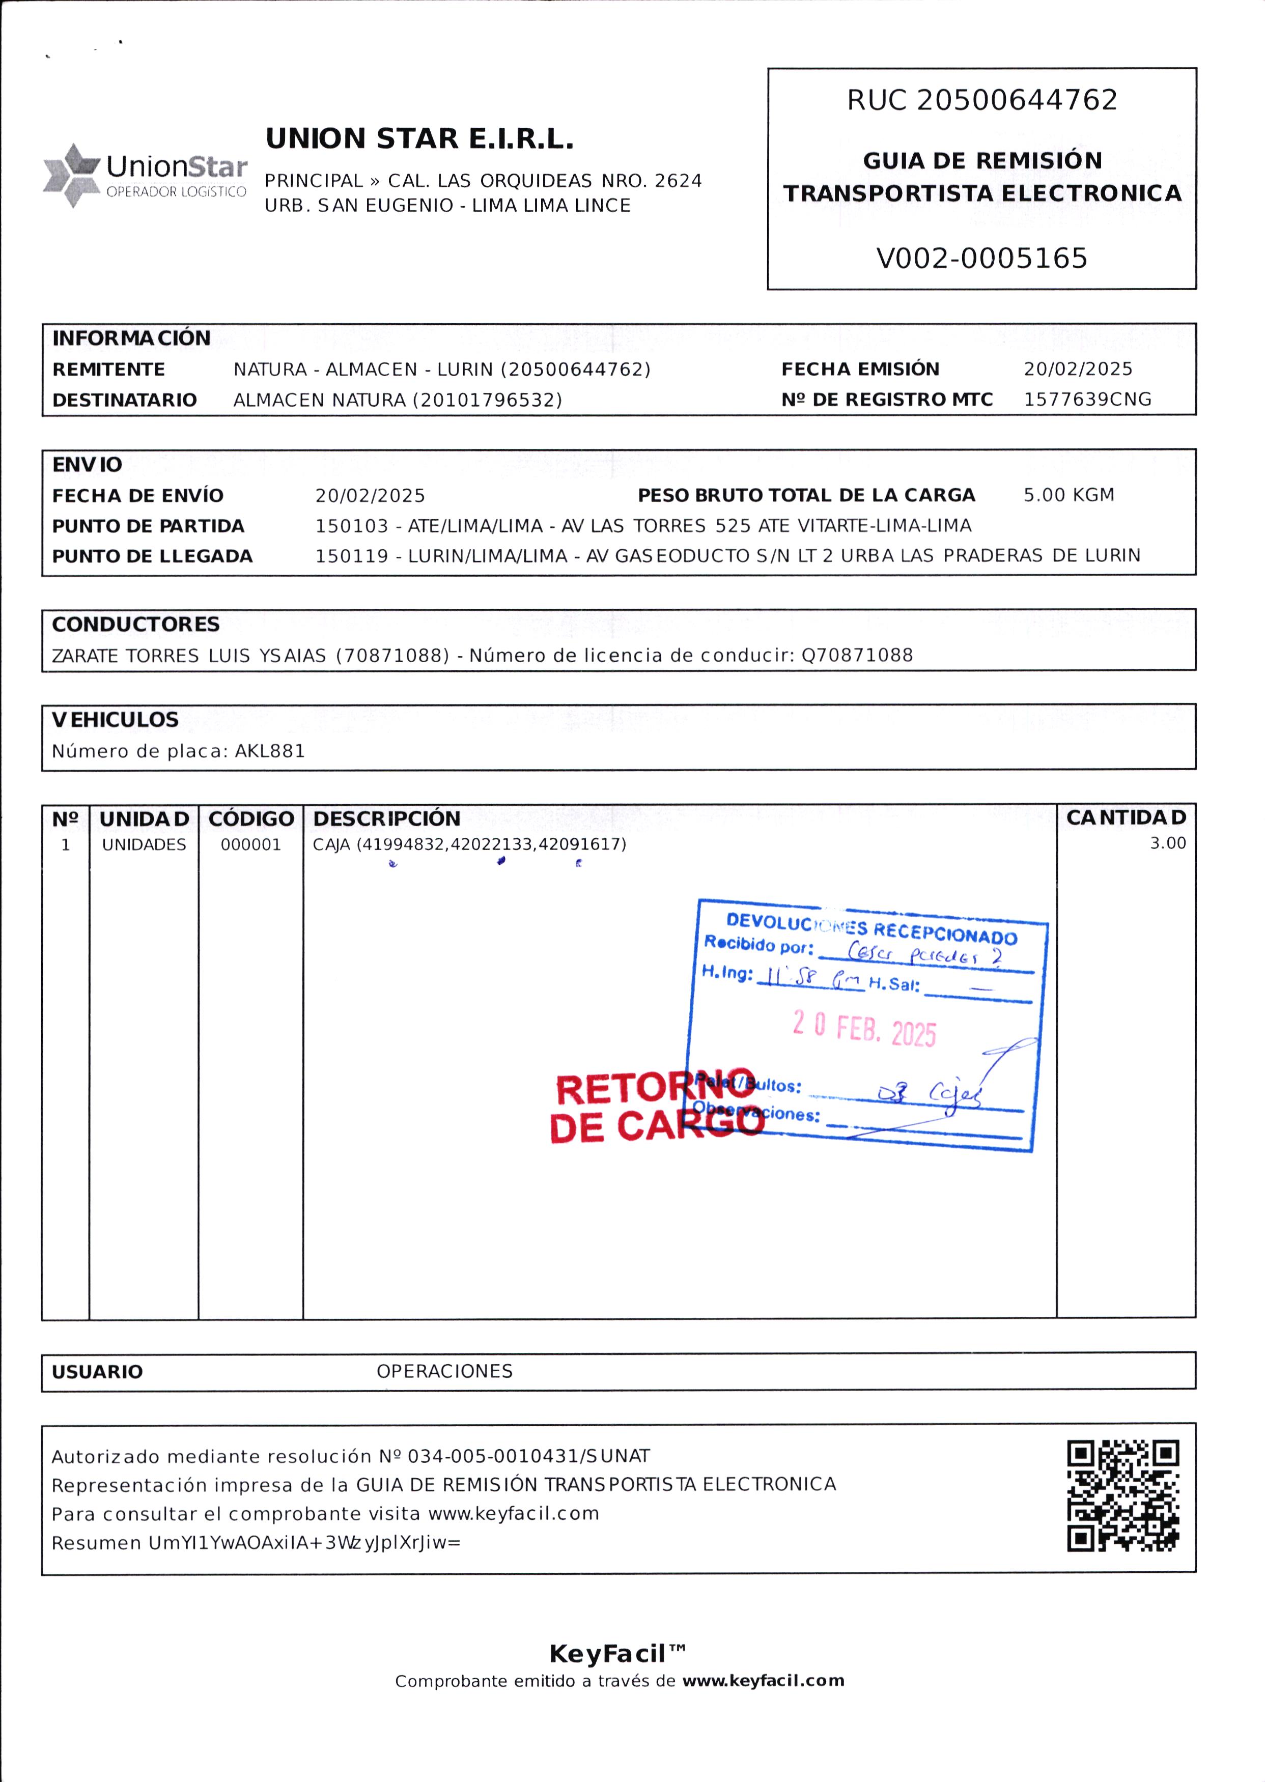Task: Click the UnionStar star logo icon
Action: pos(72,175)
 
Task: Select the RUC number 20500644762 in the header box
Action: pos(1017,100)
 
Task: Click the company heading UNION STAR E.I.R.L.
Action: pos(419,138)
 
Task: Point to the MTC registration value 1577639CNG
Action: pos(1087,400)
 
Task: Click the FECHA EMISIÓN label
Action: pos(860,369)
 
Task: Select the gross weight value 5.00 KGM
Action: pos(1068,495)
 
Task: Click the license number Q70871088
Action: pos(857,655)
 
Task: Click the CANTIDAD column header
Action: pos(1126,818)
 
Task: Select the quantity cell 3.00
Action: pos(1168,843)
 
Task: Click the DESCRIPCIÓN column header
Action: pos(386,818)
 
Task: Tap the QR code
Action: pos(1122,1496)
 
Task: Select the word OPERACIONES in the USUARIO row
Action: pos(445,1372)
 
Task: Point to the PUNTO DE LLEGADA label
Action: pos(153,557)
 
